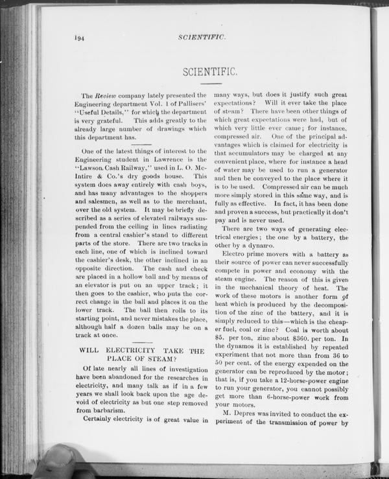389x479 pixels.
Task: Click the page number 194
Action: pyautogui.click(x=80, y=38)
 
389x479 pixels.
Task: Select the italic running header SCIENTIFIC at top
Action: pyautogui.click(x=201, y=38)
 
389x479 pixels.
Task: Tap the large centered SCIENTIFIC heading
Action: pyautogui.click(x=213, y=69)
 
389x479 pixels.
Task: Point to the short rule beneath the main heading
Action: pyautogui.click(x=213, y=84)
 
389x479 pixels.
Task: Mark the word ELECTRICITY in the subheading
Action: pyautogui.click(x=124, y=350)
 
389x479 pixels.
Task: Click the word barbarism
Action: pyautogui.click(x=102, y=409)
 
